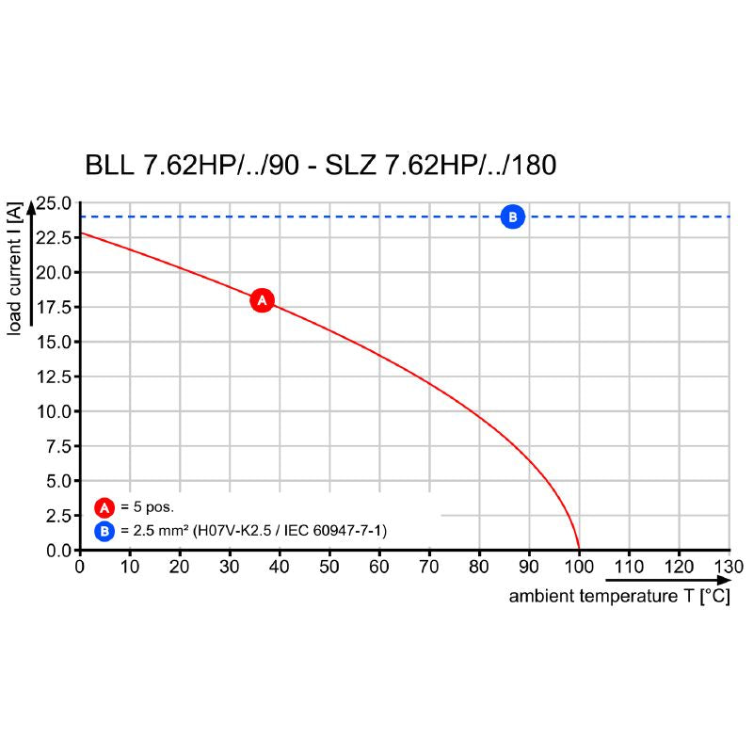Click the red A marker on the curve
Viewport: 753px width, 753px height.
point(262,300)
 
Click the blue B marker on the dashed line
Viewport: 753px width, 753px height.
point(512,216)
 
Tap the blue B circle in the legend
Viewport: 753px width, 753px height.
point(104,532)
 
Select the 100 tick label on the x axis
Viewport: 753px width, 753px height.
point(579,567)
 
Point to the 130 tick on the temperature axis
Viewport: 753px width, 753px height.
point(729,567)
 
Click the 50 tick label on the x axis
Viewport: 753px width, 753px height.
point(329,567)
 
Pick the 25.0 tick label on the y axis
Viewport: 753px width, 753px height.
point(54,203)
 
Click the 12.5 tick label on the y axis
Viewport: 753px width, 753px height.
point(54,376)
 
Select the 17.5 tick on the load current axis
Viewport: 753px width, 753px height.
point(54,308)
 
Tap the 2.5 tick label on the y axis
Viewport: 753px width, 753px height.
point(58,516)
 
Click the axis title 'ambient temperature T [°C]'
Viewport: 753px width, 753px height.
point(619,598)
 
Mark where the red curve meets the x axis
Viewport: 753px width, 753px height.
point(579,550)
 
